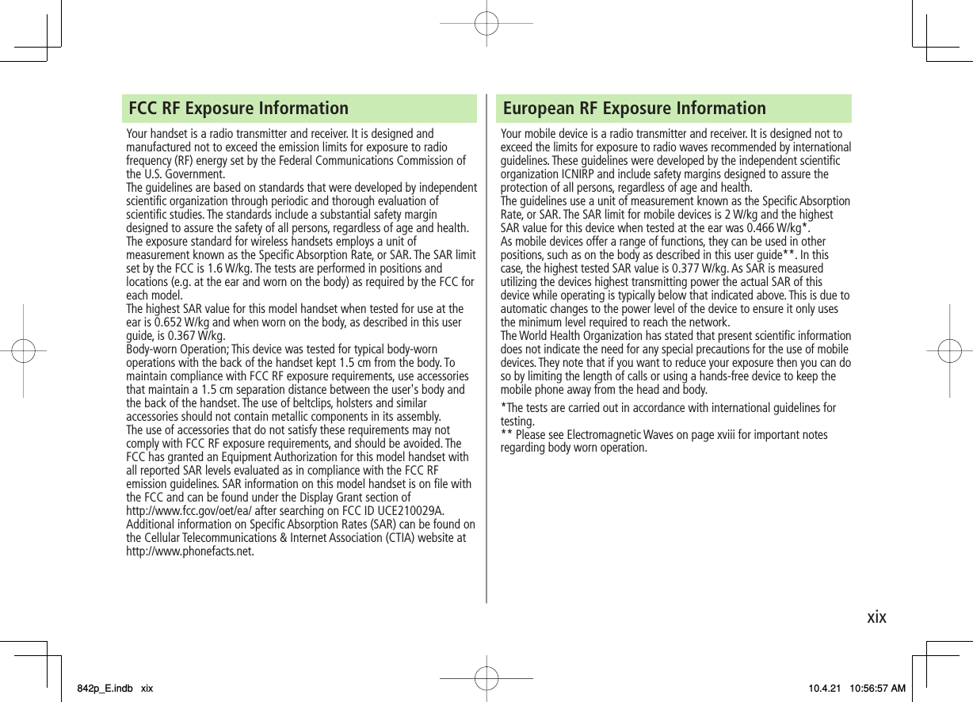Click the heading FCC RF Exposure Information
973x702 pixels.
coord(238,108)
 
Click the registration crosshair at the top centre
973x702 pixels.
coord(486,24)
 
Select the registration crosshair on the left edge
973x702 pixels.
coord(24,350)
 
